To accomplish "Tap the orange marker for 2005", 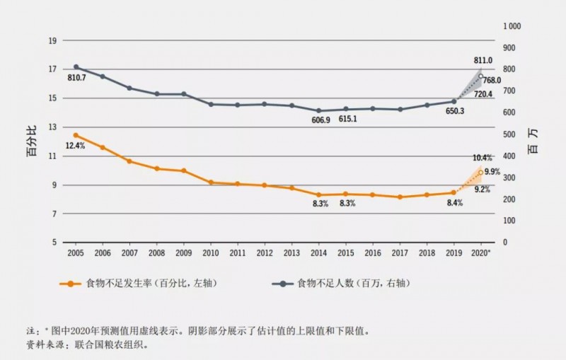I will (x=76, y=135).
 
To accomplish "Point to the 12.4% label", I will (x=76, y=146).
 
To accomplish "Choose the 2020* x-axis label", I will (x=481, y=252).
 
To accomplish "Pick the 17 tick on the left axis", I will (x=52, y=69).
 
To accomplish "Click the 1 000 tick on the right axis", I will (x=512, y=26).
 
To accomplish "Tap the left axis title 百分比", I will (x=32, y=141).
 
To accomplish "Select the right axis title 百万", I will (x=532, y=141).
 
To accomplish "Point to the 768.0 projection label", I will (x=492, y=81).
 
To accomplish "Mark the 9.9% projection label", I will (x=492, y=171).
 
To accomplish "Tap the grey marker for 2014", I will (x=320, y=111).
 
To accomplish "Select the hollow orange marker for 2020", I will (x=481, y=172).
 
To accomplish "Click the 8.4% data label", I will (x=454, y=203).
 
